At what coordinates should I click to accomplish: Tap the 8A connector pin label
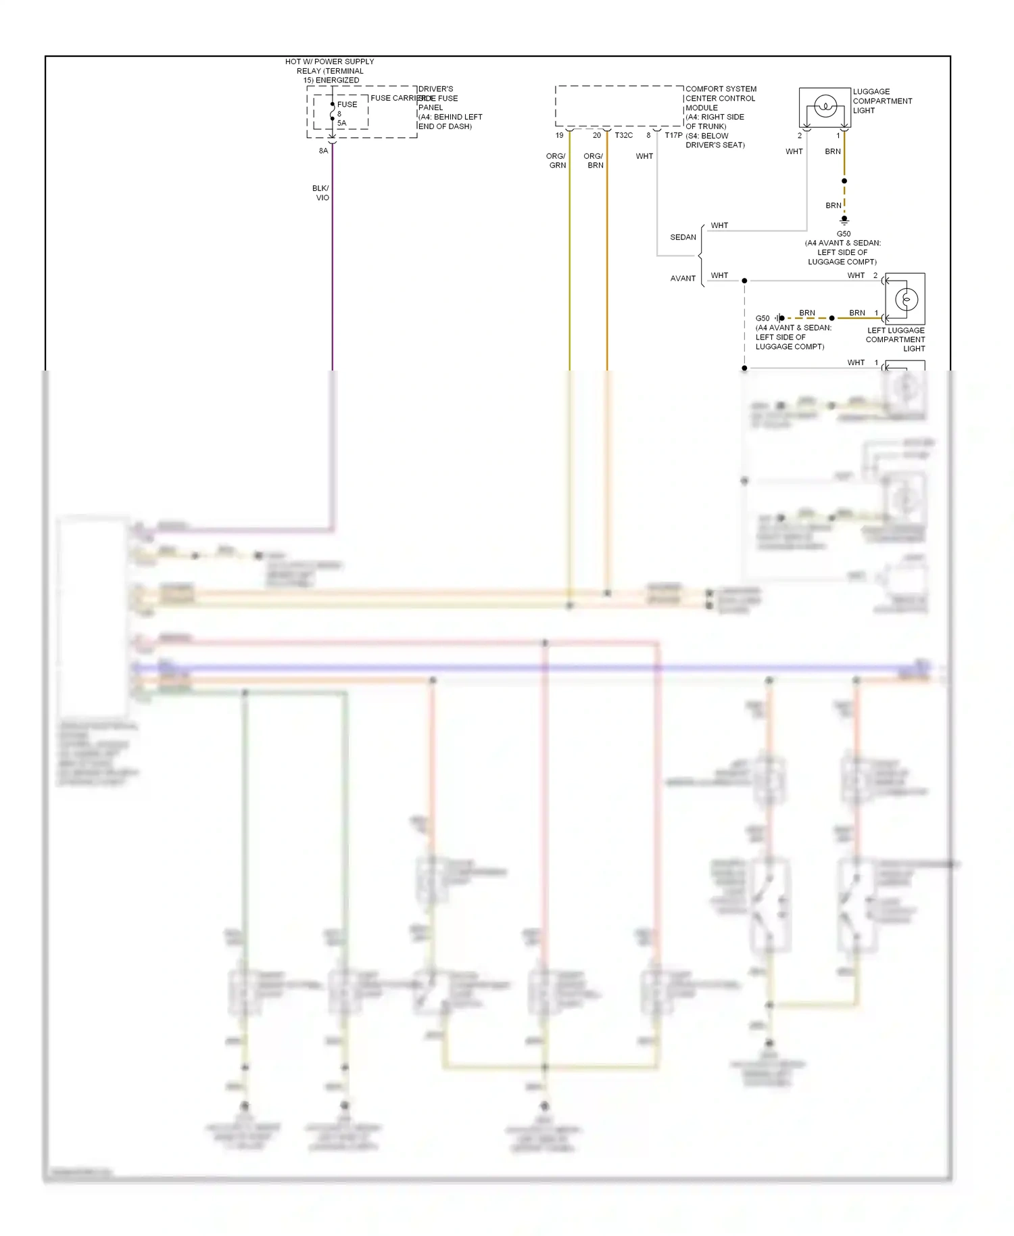tap(323, 151)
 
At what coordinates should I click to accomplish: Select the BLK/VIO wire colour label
tap(321, 193)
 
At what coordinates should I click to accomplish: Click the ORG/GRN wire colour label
tap(556, 160)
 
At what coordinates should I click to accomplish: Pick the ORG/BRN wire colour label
tap(594, 160)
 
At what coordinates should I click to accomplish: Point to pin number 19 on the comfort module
tap(559, 135)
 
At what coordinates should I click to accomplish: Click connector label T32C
tap(623, 135)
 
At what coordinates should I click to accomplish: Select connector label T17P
tap(673, 135)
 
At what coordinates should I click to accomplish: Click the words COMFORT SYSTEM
tap(721, 89)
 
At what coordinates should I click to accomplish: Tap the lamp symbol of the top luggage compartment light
tap(825, 106)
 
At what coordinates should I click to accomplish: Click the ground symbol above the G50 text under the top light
tap(844, 220)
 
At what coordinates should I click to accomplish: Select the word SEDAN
tap(683, 237)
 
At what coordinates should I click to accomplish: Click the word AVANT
tap(683, 278)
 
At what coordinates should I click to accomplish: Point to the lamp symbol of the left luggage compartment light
tap(906, 299)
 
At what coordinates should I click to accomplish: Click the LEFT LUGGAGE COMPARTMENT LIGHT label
tap(896, 339)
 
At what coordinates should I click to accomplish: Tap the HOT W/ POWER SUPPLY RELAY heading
tap(329, 70)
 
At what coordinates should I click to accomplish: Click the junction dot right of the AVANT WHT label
tap(744, 281)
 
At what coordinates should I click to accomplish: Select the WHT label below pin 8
tap(644, 156)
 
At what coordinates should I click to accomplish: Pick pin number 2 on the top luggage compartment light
tap(799, 135)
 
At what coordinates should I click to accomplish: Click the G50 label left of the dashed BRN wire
tap(762, 318)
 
